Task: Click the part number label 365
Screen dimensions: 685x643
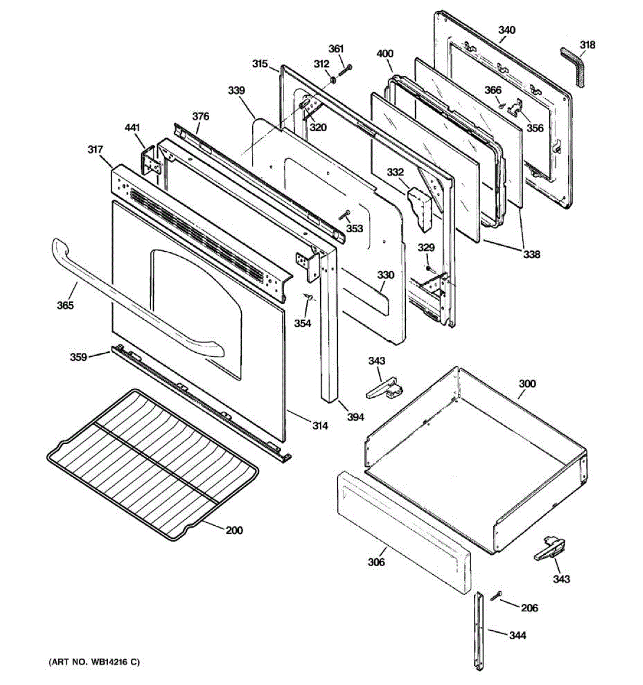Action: point(65,305)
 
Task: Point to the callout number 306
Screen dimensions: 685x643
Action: point(376,562)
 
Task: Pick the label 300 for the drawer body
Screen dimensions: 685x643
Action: point(527,384)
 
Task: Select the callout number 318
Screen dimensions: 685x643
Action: point(587,45)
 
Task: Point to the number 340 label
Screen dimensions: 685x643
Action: point(506,30)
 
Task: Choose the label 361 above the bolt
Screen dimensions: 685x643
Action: point(337,49)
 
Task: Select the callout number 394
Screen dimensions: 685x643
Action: point(356,417)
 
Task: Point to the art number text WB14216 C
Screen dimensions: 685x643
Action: point(93,662)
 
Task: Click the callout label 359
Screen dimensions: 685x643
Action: point(78,357)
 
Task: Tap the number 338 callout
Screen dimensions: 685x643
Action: point(532,255)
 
